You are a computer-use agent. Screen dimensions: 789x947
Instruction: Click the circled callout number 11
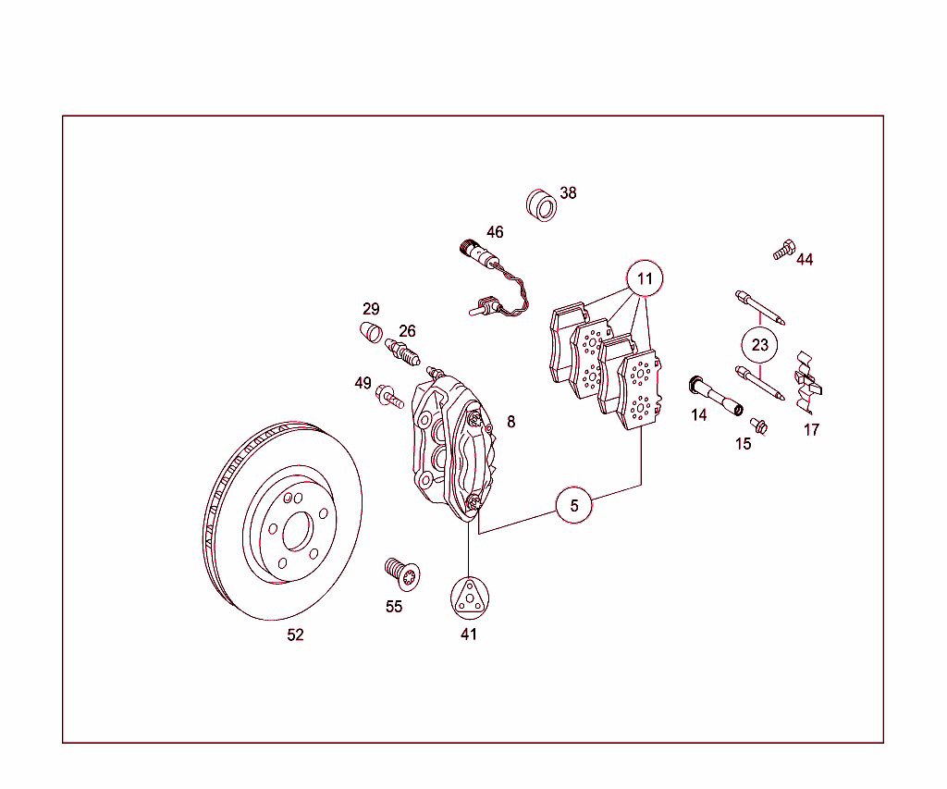tap(645, 277)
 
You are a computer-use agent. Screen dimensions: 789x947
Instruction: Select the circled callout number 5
tap(574, 505)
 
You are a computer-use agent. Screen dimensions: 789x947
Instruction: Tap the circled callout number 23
tap(759, 345)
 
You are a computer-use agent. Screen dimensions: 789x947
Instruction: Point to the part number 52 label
tap(295, 635)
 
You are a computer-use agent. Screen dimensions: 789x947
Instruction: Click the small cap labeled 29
tap(370, 332)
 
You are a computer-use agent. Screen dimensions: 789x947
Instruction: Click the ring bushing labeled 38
tap(541, 204)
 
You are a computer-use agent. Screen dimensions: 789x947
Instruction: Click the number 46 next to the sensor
tap(495, 232)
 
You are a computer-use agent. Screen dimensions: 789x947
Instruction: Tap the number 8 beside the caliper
tap(510, 422)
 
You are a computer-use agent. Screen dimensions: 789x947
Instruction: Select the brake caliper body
tap(453, 444)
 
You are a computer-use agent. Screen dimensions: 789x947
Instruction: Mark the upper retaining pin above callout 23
tap(760, 308)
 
